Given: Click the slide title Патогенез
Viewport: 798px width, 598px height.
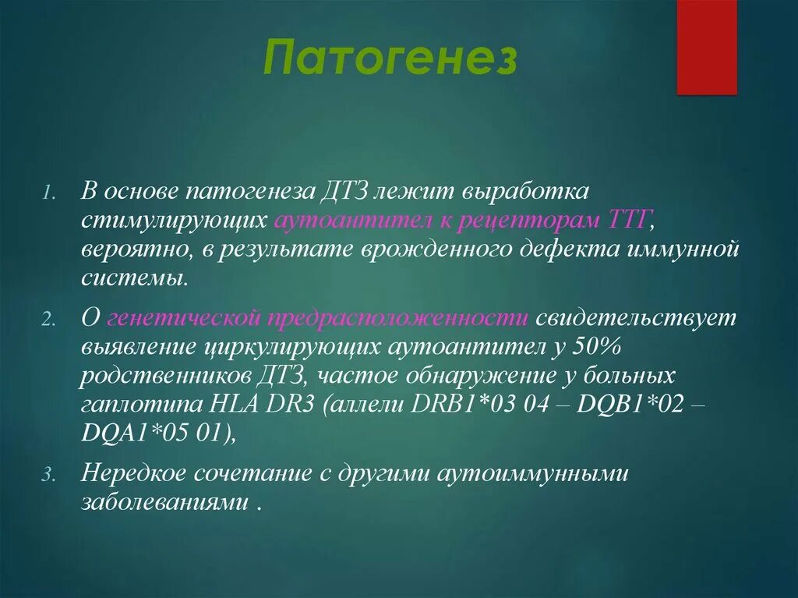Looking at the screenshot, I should [390, 59].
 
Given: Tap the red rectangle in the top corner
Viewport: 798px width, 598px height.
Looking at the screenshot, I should [706, 47].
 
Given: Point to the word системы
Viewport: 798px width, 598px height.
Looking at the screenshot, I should [132, 278].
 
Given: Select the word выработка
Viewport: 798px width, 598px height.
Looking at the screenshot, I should [532, 193].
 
